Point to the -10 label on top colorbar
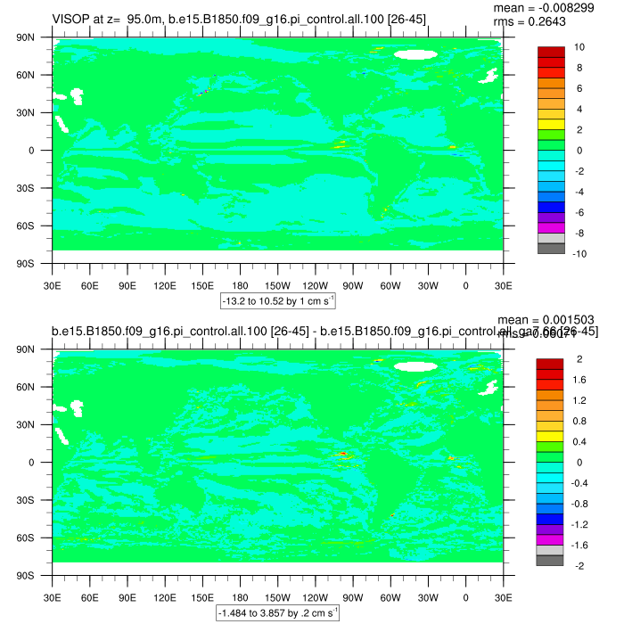pyautogui.click(x=577, y=253)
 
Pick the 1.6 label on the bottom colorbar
pyautogui.click(x=579, y=379)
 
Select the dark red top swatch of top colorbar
pyautogui.click(x=550, y=51)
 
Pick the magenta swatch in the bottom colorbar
pyautogui.click(x=550, y=539)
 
